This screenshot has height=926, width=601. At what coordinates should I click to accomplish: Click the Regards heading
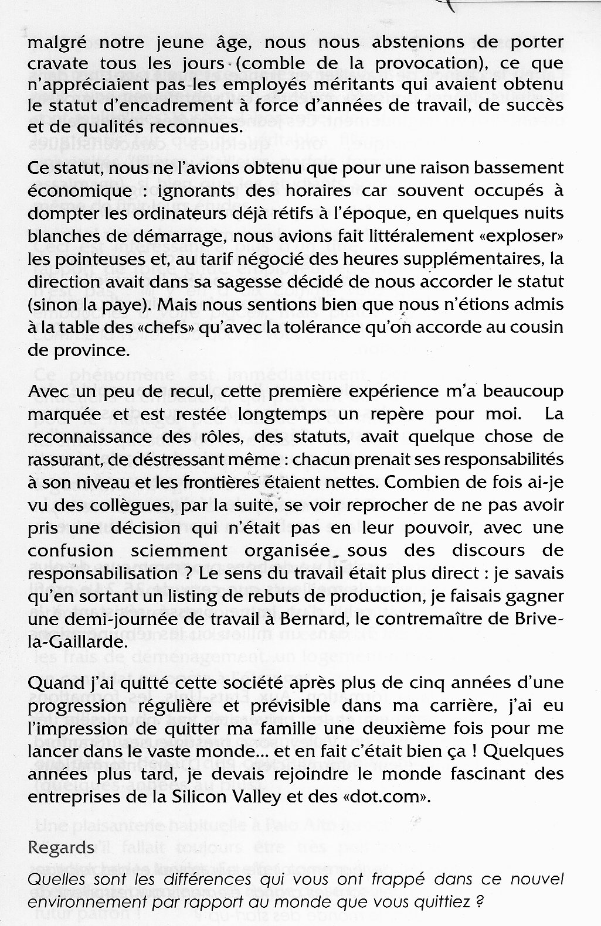[x=62, y=848]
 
